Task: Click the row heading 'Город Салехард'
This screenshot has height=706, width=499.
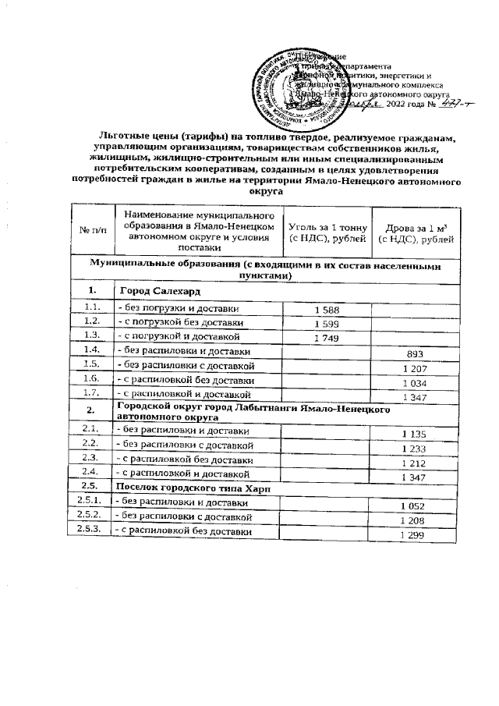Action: coord(155,291)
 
